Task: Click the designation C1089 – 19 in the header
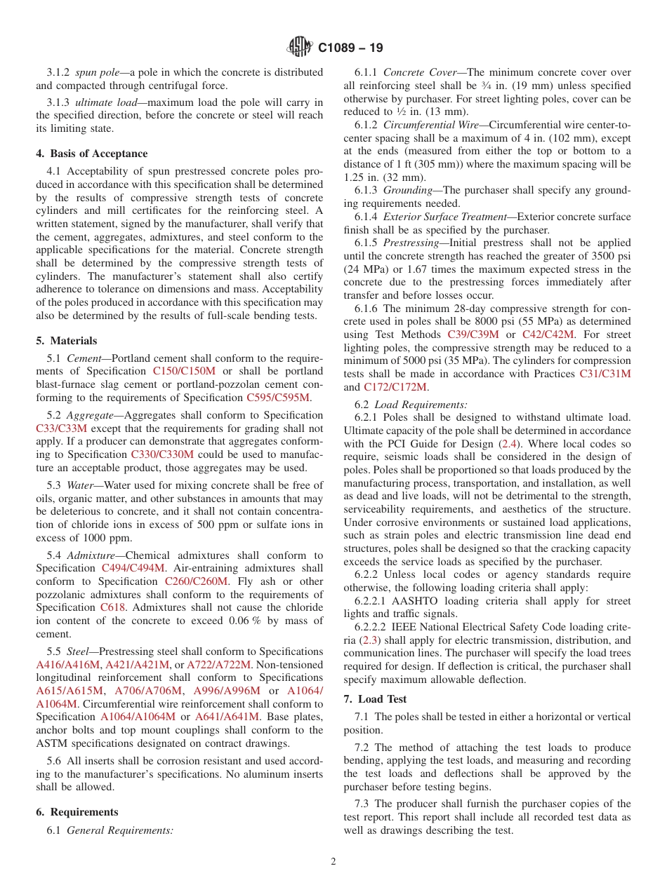[350, 48]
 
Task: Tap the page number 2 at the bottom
[333, 861]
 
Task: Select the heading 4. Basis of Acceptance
[92, 154]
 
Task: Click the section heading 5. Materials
[67, 341]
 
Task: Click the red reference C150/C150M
[184, 371]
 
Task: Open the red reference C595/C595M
[278, 398]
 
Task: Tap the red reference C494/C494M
[133, 568]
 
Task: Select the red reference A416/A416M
[68, 665]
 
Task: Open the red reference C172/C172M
[395, 387]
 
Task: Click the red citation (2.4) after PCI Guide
[508, 444]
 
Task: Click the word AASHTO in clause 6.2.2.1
[426, 601]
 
